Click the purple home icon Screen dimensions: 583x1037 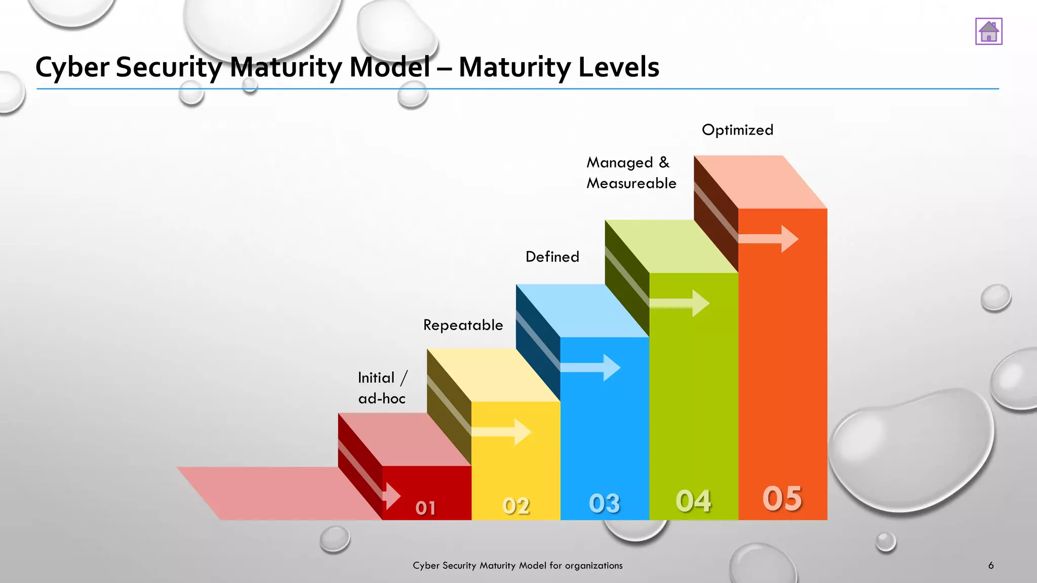tap(988, 31)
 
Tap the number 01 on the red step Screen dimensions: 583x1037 tap(425, 508)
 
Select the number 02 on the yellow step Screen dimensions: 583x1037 tap(515, 506)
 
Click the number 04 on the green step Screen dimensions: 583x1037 tap(693, 501)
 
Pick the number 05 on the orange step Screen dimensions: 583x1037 tap(782, 498)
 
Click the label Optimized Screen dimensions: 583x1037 tap(737, 130)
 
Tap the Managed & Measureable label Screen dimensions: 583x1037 tap(631, 173)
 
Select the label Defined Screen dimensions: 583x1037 tap(552, 257)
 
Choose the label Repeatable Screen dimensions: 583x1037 tap(463, 325)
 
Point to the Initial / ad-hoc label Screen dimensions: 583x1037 tap(382, 388)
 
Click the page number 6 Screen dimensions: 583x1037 tap(990, 565)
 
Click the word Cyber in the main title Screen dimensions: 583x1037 tap(72, 67)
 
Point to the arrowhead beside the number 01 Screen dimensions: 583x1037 tap(392, 495)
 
